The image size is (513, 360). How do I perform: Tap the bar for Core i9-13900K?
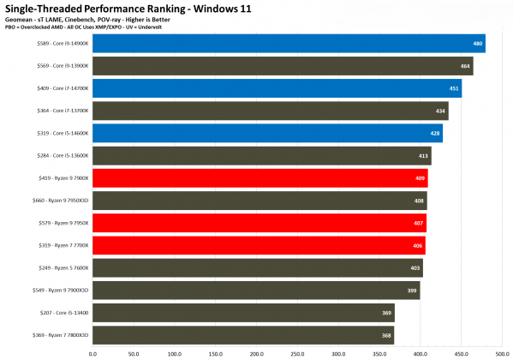pos(283,66)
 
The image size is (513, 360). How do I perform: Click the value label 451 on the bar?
pos(455,88)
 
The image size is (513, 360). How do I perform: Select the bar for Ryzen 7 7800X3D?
pos(243,334)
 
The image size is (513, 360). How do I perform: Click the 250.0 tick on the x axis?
pos(298,352)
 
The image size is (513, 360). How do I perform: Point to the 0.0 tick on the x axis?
pos(92,352)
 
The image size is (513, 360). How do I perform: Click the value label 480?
pos(478,44)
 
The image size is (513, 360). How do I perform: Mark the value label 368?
pos(386,334)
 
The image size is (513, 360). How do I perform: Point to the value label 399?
pos(412,290)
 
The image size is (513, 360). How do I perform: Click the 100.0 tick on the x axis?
pos(175,352)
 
